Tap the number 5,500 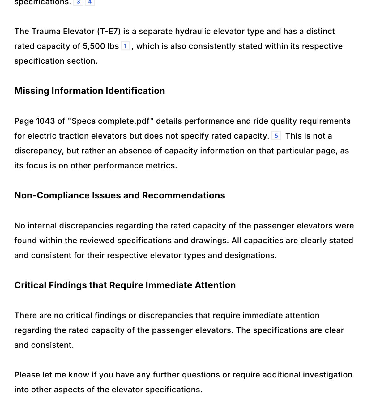(x=94, y=46)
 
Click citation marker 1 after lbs (x=125, y=46)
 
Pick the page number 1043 (x=45, y=121)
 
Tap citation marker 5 (x=276, y=136)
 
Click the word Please (x=27, y=375)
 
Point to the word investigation (x=327, y=375)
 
